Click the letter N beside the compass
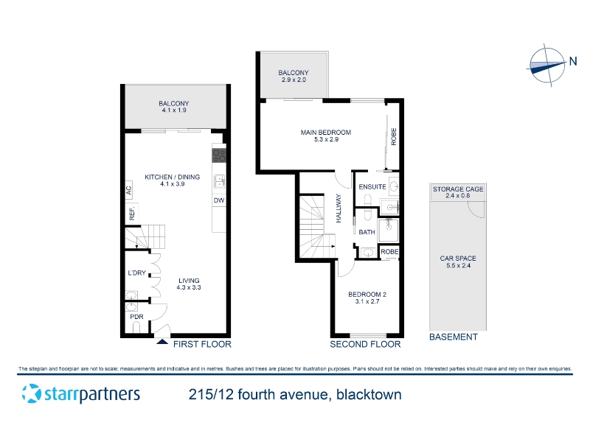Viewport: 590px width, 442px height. (573, 61)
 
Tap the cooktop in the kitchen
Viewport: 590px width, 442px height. (219, 155)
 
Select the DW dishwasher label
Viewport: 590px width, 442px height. (219, 200)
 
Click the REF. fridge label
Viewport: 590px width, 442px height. (132, 213)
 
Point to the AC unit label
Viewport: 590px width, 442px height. (128, 190)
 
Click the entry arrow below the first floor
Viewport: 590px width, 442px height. (162, 341)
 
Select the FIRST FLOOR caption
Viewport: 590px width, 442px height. (202, 344)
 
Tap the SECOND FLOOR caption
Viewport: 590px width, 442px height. (365, 344)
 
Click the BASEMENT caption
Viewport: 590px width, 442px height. (454, 337)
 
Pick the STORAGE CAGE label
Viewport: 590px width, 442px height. (458, 189)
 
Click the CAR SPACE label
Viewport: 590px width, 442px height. (458, 259)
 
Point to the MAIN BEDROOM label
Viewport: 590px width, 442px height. (326, 133)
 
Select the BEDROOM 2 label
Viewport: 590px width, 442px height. (367, 294)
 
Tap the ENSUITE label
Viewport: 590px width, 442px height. (372, 187)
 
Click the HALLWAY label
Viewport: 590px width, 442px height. (339, 208)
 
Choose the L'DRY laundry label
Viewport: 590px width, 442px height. (136, 273)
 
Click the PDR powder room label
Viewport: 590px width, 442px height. (136, 317)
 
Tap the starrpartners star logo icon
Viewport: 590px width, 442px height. (31, 393)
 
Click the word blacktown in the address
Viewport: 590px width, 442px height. (369, 395)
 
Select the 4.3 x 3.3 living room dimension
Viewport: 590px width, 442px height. (189, 287)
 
